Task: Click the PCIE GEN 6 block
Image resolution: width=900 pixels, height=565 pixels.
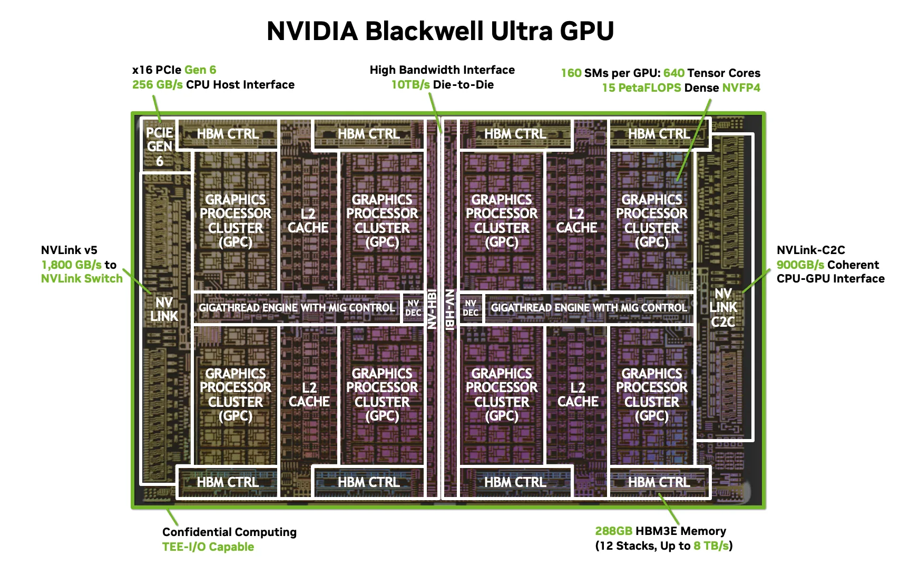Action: pos(160,147)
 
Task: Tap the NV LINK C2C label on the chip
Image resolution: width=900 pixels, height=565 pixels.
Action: pos(723,308)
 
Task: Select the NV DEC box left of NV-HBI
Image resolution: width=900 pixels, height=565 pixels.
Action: pos(413,308)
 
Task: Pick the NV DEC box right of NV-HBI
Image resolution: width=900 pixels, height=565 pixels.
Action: pos(471,308)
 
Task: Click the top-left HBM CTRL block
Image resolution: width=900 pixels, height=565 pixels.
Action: pos(228,134)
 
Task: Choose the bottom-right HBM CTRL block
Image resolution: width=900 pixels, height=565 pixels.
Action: pos(659,482)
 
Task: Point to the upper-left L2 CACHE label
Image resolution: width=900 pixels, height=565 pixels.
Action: pos(308,221)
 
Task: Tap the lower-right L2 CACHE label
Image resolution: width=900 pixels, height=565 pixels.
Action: pos(578,395)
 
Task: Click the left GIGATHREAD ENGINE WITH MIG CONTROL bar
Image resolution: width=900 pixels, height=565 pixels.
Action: pos(297,308)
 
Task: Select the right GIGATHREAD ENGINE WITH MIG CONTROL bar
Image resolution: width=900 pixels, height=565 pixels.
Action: pos(589,308)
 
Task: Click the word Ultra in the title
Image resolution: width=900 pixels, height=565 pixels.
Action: pos(522,31)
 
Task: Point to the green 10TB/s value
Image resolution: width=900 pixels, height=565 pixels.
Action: pos(410,85)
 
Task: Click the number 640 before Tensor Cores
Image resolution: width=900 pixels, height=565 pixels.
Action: pos(673,73)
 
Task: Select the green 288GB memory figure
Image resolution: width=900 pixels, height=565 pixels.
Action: pos(613,531)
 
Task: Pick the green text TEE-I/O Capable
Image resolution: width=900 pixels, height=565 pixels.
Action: pos(208,547)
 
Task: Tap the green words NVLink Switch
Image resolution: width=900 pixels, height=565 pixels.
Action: pos(82,279)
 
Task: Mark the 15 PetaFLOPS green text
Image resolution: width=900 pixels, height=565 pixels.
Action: pos(641,88)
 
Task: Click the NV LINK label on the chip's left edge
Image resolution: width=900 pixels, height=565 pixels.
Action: pos(164,309)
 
